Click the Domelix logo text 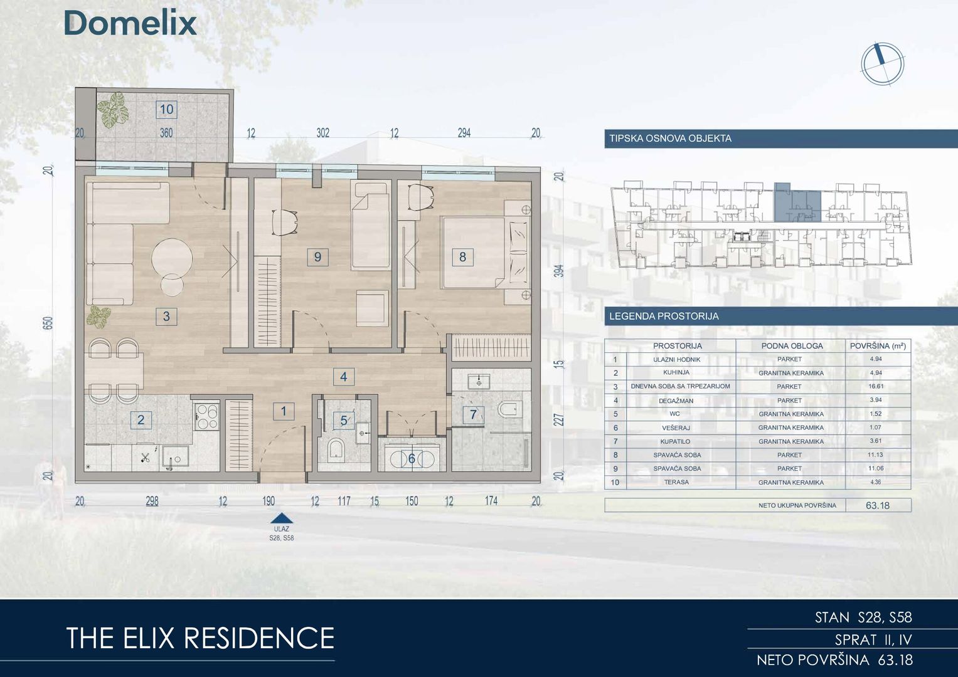tap(130, 23)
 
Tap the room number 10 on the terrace tap(166, 110)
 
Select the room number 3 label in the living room tap(166, 317)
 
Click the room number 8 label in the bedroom tap(462, 257)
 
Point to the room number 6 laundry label tap(412, 459)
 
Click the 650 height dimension tap(48, 323)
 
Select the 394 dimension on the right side tap(559, 271)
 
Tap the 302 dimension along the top tap(323, 133)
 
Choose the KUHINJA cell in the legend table tap(676, 372)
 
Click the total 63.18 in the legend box tap(878, 505)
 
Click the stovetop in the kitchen tap(207, 416)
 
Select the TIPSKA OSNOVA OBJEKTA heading tap(670, 139)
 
